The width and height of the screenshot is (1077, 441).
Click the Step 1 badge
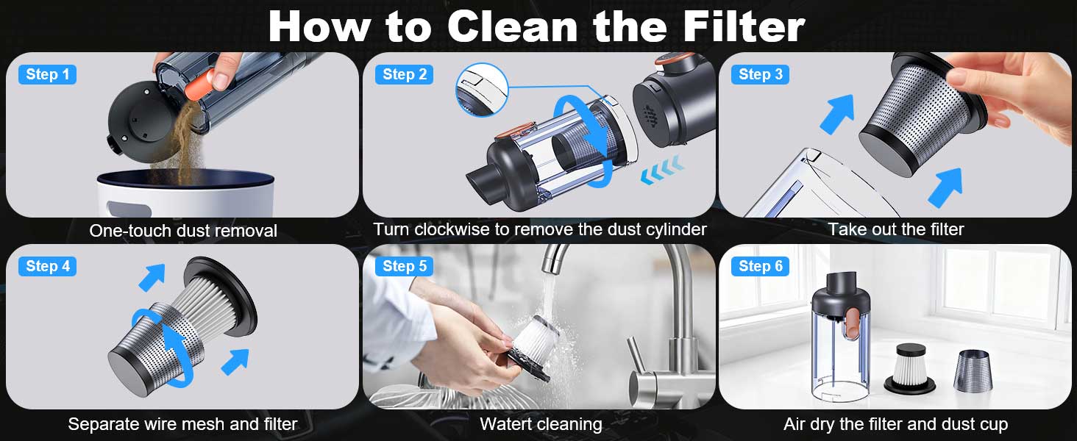pos(47,74)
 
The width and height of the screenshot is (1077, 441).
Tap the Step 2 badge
pos(404,74)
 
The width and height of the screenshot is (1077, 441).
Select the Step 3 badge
pos(760,74)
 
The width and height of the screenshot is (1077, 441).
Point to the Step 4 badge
pos(47,266)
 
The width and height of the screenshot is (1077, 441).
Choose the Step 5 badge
pos(404,266)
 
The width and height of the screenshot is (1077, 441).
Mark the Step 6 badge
pos(760,266)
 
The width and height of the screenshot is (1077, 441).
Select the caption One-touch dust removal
pos(183,231)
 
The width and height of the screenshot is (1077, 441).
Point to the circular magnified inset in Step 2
pos(482,90)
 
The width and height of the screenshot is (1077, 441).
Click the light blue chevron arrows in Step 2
pos(661,170)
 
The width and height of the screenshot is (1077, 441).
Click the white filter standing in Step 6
pos(910,369)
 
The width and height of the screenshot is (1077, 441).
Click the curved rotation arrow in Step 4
pos(166,347)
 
